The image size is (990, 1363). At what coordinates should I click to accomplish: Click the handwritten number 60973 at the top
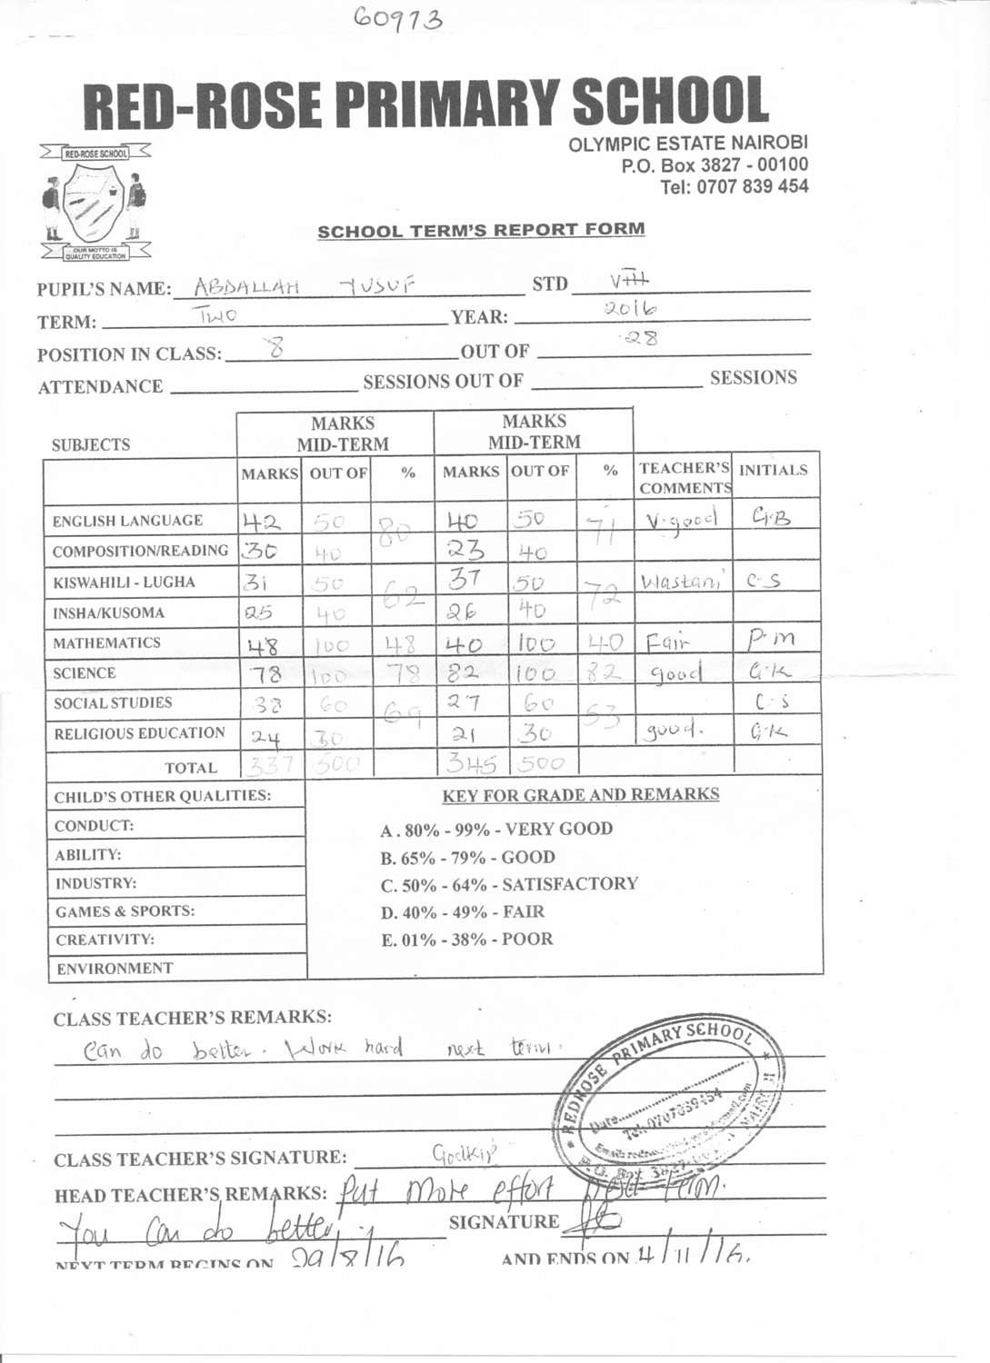399,18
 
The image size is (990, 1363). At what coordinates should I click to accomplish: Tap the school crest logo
95,203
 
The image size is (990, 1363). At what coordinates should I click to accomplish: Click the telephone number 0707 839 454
734,187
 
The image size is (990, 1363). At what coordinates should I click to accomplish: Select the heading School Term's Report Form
481,231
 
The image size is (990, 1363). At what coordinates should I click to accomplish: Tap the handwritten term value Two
216,316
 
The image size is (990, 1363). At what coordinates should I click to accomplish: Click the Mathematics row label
106,643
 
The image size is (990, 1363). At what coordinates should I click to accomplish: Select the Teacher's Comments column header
684,478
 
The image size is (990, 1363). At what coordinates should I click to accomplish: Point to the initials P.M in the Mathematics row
771,641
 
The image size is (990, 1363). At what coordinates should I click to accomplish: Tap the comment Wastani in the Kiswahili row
682,582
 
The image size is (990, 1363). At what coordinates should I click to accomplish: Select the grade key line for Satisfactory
509,884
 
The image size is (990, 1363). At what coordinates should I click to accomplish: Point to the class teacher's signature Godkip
464,1154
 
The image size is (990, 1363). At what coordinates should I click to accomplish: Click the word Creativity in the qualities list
105,940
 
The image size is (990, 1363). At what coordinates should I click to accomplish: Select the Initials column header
773,470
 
